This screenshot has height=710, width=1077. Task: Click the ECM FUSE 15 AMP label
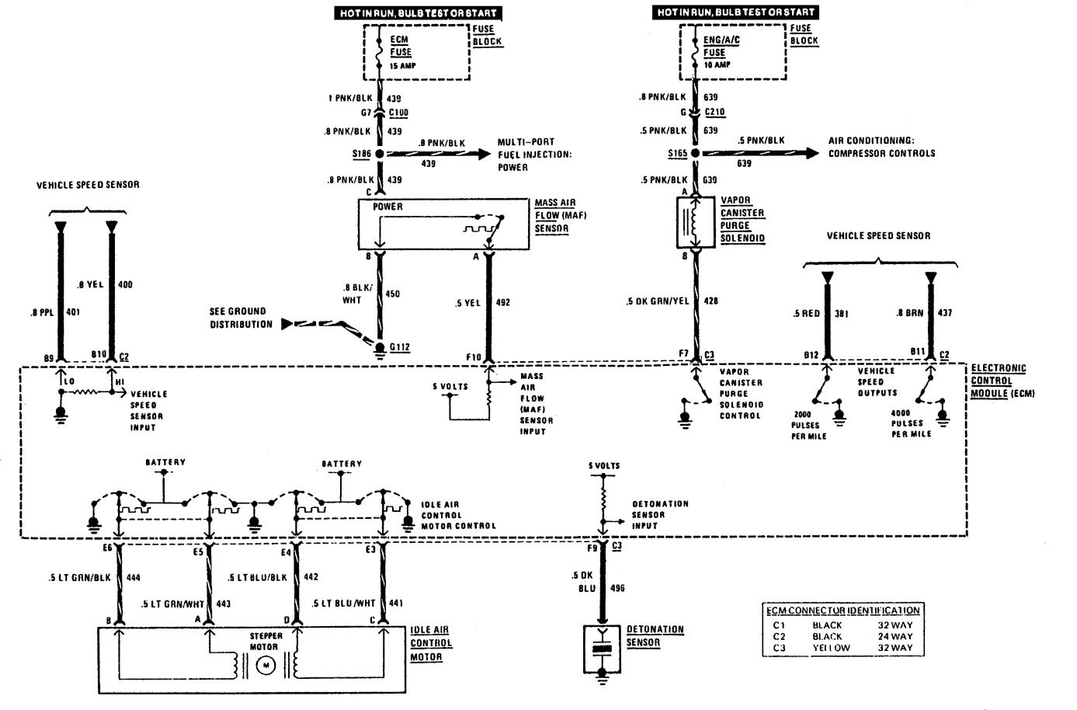point(401,51)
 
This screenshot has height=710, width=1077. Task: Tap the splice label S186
point(361,155)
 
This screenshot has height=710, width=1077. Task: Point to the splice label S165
point(678,154)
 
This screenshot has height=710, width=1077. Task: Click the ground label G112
point(399,347)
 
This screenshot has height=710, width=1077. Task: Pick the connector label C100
point(398,113)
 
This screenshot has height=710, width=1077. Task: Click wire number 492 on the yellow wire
point(502,302)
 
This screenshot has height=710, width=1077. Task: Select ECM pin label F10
point(474,357)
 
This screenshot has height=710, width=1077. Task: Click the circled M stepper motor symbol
point(266,665)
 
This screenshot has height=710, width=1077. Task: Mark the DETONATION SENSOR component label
point(655,635)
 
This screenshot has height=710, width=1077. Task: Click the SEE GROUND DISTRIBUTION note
point(241,318)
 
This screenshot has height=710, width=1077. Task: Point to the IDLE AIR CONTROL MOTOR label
point(431,643)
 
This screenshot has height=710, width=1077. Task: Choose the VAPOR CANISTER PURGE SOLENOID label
point(742,219)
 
